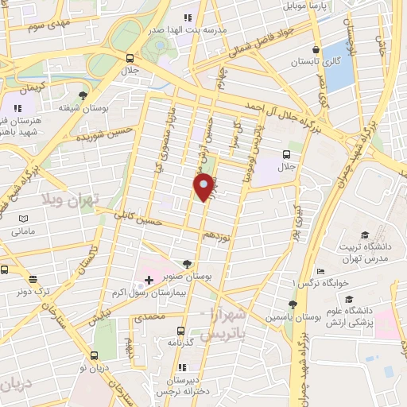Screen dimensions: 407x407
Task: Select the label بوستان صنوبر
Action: tap(188, 274)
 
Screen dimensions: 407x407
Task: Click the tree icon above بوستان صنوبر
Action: tap(188, 263)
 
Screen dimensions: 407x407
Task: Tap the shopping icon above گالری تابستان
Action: tap(316, 48)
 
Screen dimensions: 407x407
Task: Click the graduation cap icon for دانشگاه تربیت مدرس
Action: tap(364, 235)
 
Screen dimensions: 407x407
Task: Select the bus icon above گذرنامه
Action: tap(181, 330)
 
